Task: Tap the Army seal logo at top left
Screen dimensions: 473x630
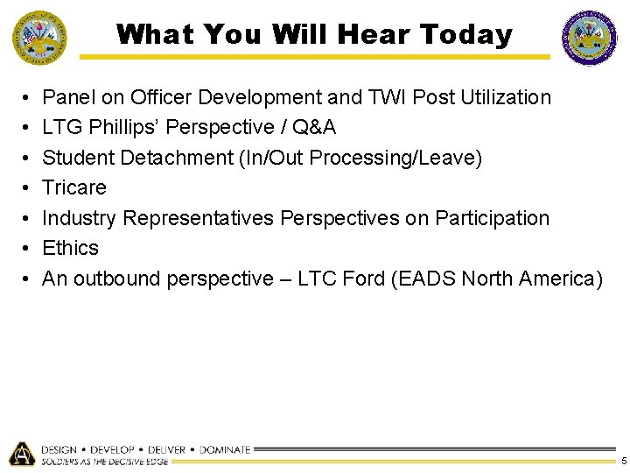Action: (38, 38)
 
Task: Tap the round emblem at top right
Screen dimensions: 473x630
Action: (589, 38)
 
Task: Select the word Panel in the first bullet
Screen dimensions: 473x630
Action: (69, 97)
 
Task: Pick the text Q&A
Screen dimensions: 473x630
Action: (314, 128)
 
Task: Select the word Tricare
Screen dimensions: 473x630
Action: (74, 187)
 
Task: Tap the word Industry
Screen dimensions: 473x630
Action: (80, 218)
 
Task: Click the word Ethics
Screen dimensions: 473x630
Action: (71, 248)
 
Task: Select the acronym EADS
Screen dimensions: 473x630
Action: (423, 279)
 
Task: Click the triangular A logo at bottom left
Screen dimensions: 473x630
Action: (21, 454)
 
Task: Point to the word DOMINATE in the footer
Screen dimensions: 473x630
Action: (225, 449)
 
